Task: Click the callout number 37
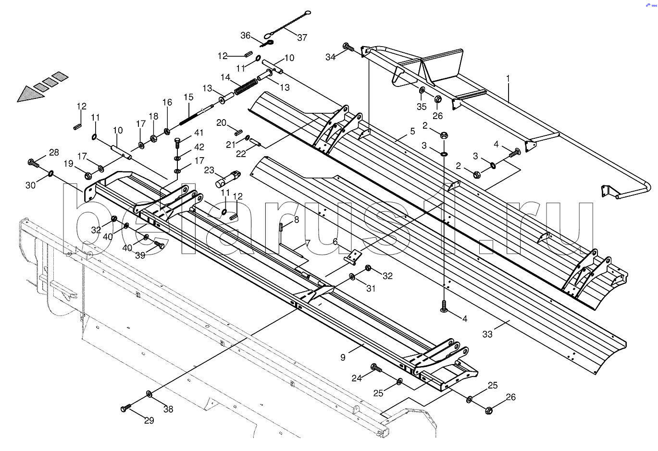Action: pos(302,37)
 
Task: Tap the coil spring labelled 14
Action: pos(246,86)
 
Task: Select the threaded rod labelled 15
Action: pos(193,115)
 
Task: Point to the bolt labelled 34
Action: pos(348,48)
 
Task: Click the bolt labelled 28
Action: pos(34,162)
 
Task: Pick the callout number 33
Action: pos(487,334)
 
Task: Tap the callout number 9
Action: pos(343,357)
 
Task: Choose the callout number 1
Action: pos(508,78)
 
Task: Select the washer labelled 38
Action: pos(149,394)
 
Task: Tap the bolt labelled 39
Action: pos(159,245)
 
